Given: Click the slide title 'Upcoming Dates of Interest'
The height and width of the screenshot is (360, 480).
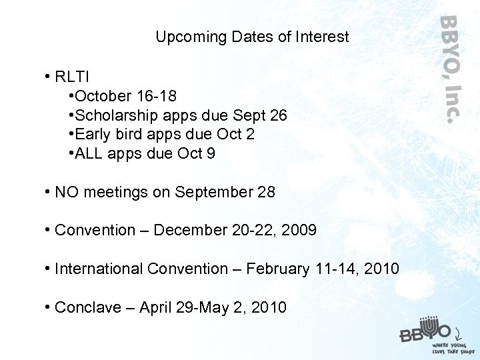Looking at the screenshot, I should click(252, 37).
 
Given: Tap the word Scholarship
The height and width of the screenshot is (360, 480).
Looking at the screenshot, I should click(117, 115).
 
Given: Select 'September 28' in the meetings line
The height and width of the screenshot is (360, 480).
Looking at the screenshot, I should click(225, 193).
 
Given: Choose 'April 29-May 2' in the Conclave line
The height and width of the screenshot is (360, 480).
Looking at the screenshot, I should click(193, 308).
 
